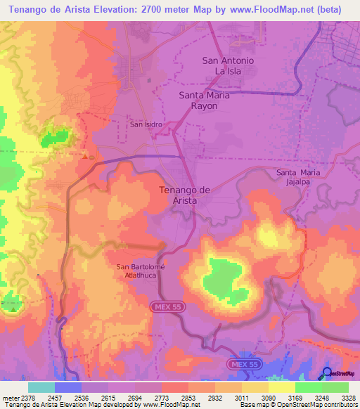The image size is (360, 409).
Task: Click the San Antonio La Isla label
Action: coord(228,66)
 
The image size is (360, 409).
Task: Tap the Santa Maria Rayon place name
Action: coord(207,100)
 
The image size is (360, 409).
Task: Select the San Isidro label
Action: coord(146,124)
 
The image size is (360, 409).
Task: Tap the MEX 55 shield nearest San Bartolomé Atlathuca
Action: coord(166,307)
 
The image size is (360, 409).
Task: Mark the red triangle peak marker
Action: coord(85,156)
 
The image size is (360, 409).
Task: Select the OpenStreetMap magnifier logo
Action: coord(326,373)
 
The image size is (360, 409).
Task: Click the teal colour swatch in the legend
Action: coord(41,387)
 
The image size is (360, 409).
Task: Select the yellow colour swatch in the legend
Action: coord(281,387)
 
